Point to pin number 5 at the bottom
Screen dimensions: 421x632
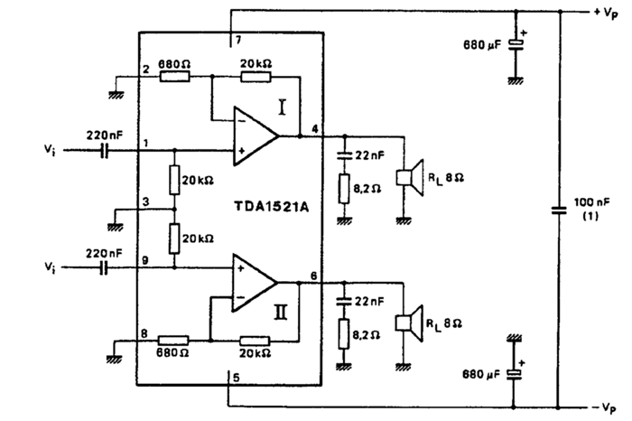click(236, 378)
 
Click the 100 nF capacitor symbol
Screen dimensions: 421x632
click(559, 210)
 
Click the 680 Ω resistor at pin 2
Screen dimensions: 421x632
click(174, 77)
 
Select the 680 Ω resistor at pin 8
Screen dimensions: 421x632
click(174, 341)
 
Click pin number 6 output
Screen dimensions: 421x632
click(313, 276)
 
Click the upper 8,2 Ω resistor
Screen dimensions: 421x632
click(343, 191)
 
